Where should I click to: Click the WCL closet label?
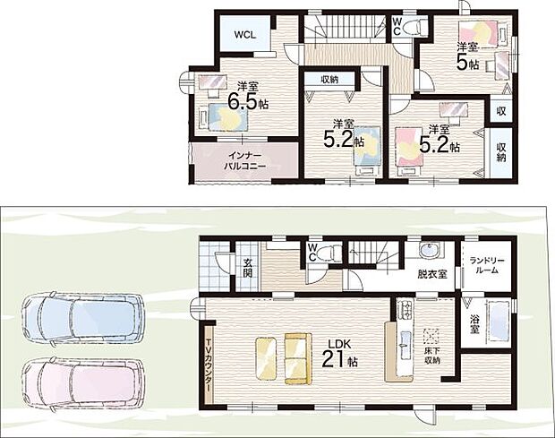(245, 35)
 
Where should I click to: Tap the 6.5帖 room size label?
(248, 101)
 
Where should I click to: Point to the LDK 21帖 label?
(339, 353)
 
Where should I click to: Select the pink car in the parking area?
(83, 385)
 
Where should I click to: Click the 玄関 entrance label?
(248, 268)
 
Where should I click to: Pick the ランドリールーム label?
(487, 265)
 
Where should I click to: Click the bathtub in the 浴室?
(499, 321)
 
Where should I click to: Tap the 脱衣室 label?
(431, 274)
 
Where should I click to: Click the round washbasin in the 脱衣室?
(429, 251)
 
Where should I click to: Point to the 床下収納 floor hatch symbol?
(431, 337)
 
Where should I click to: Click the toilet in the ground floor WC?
(328, 253)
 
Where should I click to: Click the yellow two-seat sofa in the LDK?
(298, 358)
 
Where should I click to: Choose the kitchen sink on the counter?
(405, 340)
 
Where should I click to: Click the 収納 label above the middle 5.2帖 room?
(329, 80)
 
